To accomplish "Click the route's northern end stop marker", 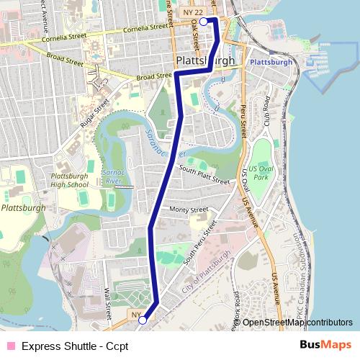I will coord(204,22).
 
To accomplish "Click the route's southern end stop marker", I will coord(143,320).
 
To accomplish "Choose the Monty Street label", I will coord(189,210).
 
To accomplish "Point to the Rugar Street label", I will coord(94,114).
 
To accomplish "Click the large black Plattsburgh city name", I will coord(205,60).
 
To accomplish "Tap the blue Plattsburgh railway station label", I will coord(271,62).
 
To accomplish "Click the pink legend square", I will coord(9,346).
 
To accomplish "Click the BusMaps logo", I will coord(325,345).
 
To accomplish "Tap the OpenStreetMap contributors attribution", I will coord(297,322).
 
